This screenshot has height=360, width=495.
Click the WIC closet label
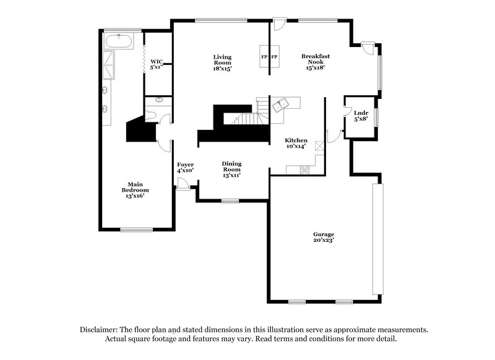pos(157,64)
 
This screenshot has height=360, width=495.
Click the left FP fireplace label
pos(264,58)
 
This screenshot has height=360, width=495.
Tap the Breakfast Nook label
pos(316,62)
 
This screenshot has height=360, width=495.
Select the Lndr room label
pos(361,116)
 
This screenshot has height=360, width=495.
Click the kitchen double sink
pos(282,104)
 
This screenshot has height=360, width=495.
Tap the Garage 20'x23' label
pos(323,238)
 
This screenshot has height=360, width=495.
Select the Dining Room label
pos(231,168)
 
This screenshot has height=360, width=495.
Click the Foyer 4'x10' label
pos(186,168)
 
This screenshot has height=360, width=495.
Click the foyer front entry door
pos(182,184)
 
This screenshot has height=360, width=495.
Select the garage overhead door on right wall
pos(375,239)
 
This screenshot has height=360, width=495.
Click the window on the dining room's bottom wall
pos(231,200)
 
